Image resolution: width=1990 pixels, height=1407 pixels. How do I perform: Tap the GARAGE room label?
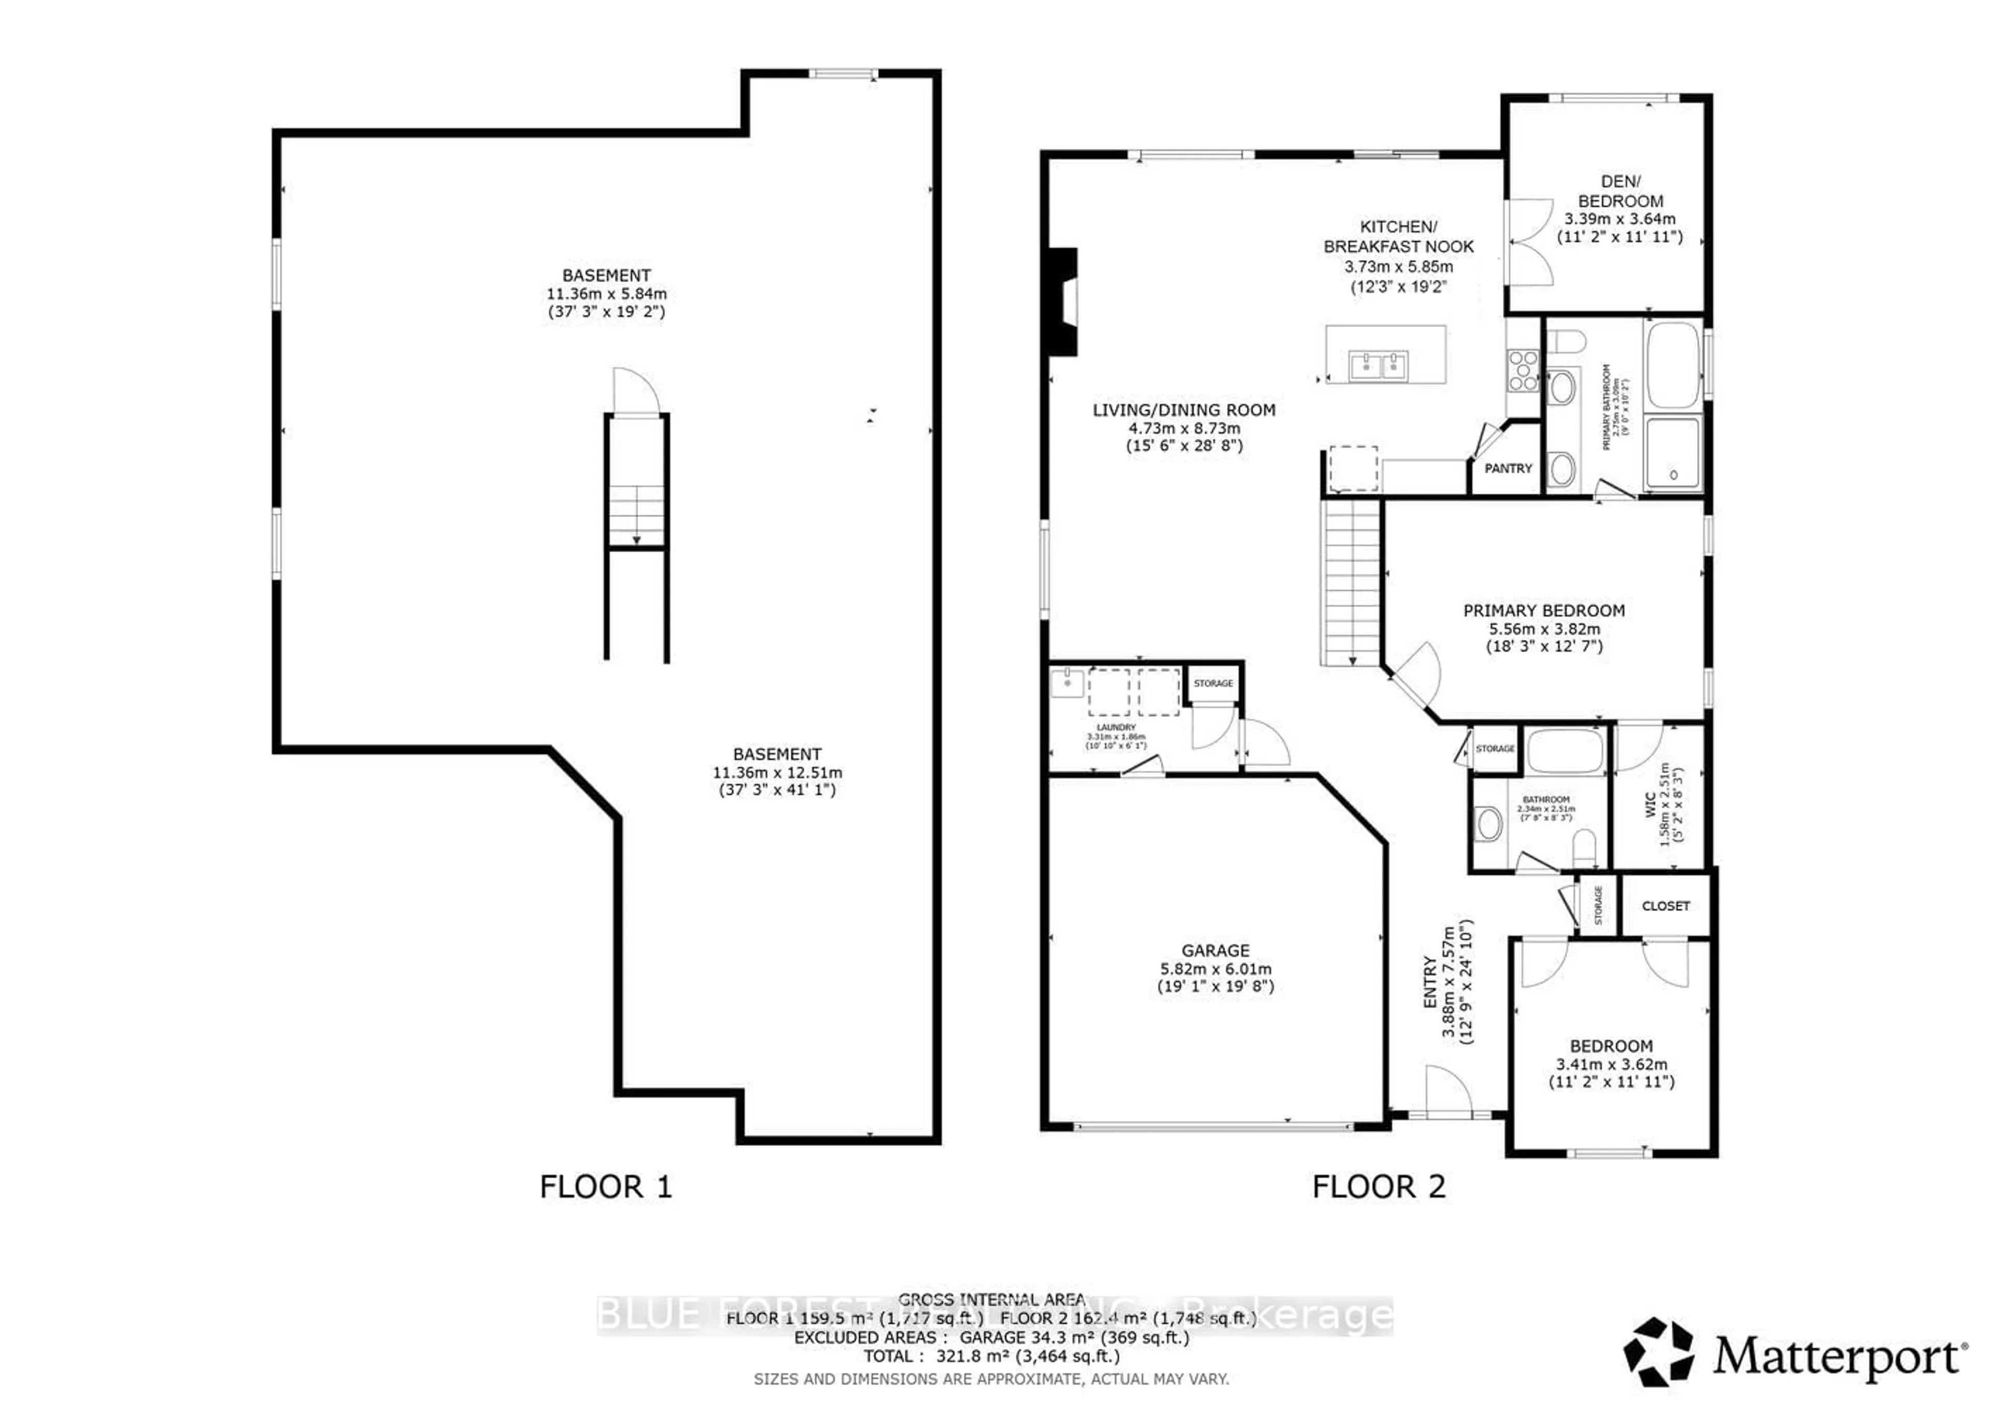[x=1215, y=951]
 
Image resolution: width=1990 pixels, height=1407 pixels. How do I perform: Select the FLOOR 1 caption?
[x=605, y=1186]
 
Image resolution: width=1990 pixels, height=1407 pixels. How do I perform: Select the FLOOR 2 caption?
[x=1378, y=1186]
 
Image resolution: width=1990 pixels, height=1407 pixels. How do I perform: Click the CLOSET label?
[x=1665, y=906]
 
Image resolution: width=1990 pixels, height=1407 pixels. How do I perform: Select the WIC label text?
[x=1650, y=804]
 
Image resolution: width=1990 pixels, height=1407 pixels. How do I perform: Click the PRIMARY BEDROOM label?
[x=1544, y=611]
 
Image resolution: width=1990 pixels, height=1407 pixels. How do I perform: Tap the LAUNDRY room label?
[x=1115, y=728]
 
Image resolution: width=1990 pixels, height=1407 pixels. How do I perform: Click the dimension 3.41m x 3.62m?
[x=1611, y=1065]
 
